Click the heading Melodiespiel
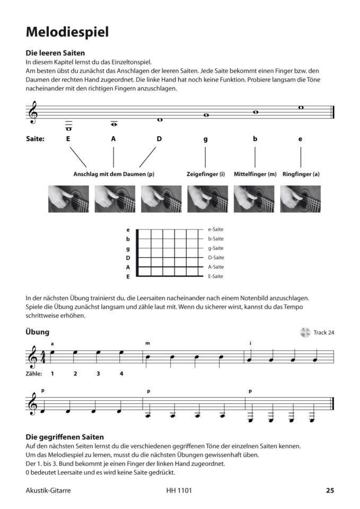click(x=67, y=32)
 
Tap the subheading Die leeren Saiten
click(x=55, y=54)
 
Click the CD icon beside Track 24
click(x=305, y=332)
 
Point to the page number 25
click(x=330, y=490)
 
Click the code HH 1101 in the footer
click(x=179, y=490)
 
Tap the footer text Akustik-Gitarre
click(x=48, y=490)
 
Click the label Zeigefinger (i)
click(x=206, y=174)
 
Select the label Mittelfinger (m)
click(x=255, y=174)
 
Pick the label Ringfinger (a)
click(x=301, y=174)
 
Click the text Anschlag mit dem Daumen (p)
click(x=113, y=174)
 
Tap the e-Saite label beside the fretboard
click(x=215, y=230)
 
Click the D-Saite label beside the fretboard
click(x=215, y=258)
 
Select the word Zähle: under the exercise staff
click(x=34, y=374)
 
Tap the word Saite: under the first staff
click(x=34, y=139)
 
